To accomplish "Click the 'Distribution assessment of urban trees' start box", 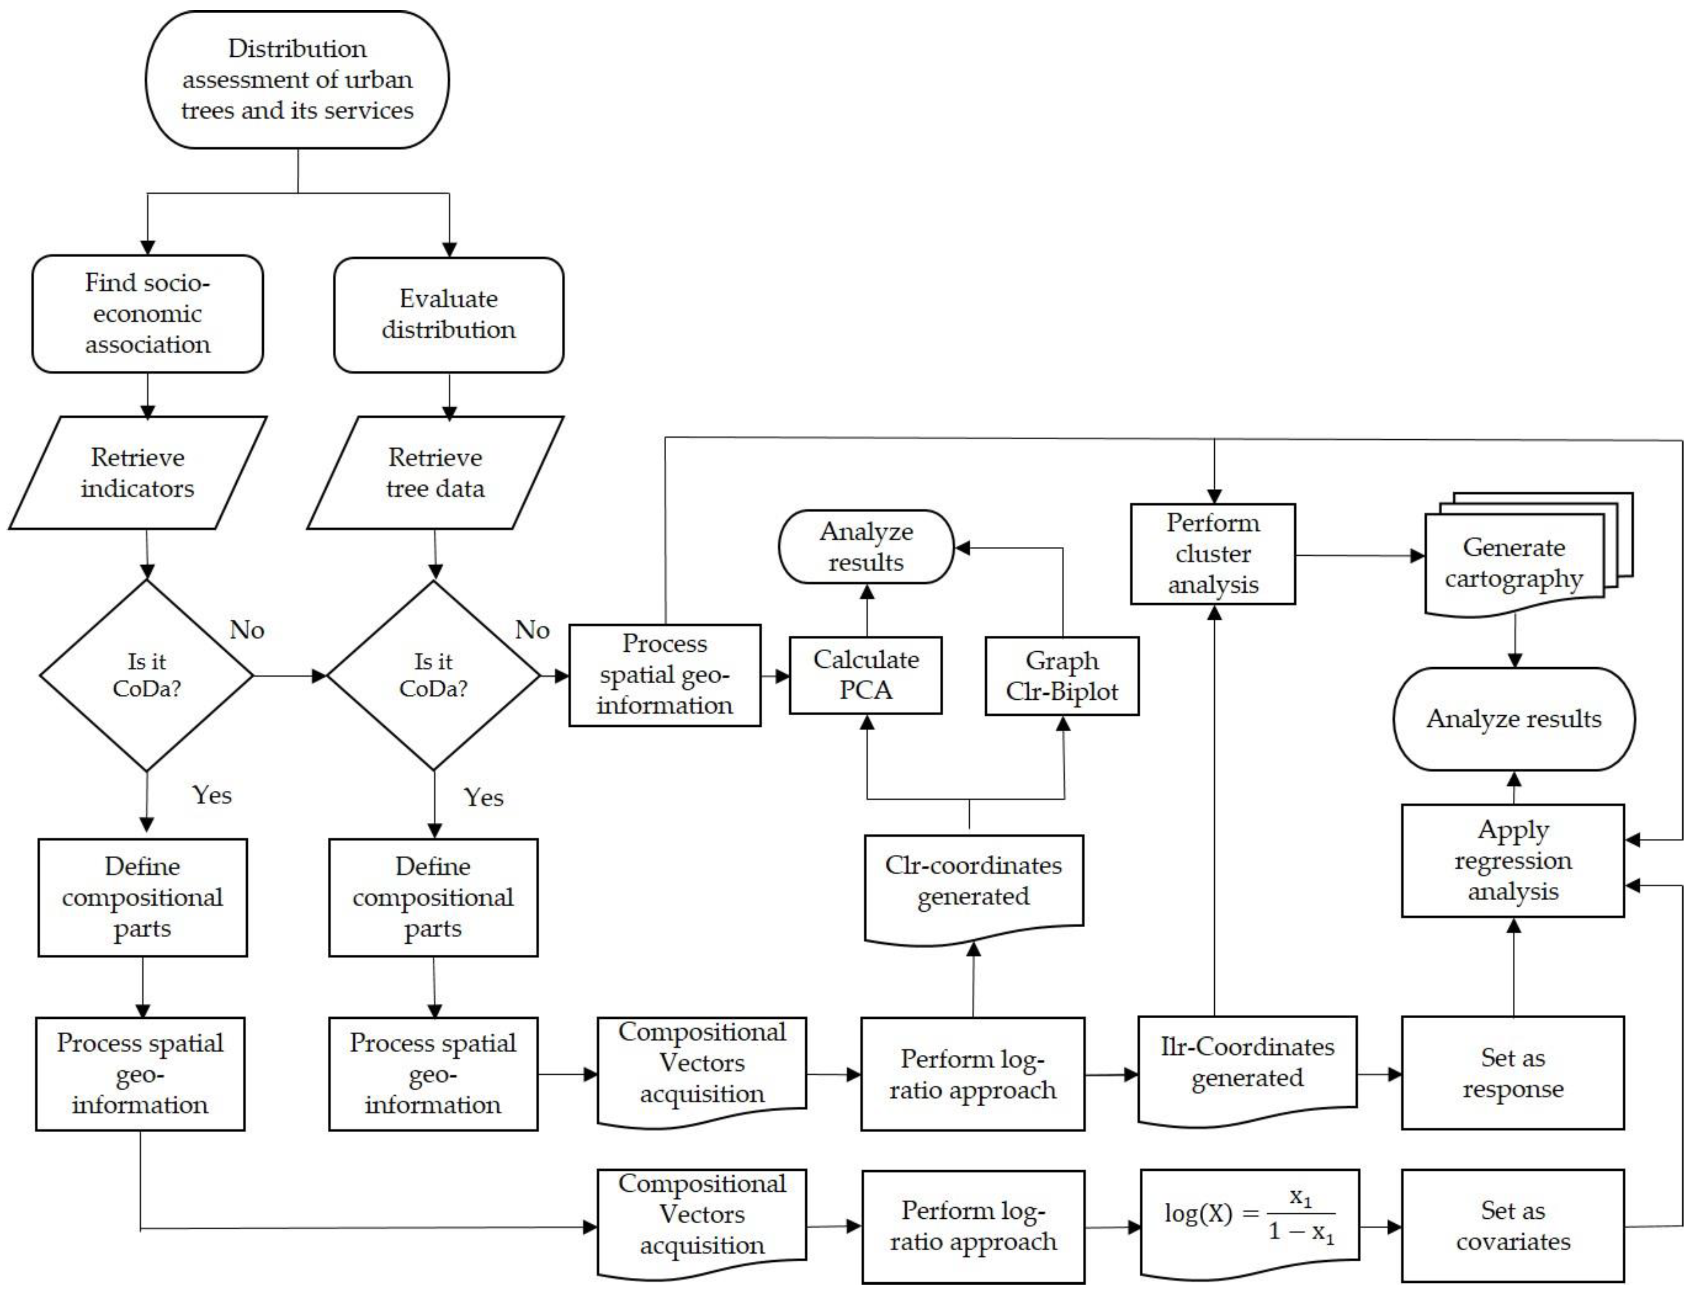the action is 297,80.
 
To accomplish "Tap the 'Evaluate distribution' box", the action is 449,315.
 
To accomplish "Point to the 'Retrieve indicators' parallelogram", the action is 137,472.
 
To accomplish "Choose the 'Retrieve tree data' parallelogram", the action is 435,472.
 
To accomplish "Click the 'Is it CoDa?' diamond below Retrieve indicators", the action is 147,676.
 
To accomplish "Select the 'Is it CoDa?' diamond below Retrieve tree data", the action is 434,676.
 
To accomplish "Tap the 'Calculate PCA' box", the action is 866,676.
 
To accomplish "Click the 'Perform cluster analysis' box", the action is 1213,554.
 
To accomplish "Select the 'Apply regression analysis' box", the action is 1514,861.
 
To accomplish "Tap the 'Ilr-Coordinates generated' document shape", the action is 1247,1071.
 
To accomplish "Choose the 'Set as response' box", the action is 1514,1073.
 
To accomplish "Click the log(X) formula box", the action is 1250,1224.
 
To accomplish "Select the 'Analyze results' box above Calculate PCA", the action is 866,546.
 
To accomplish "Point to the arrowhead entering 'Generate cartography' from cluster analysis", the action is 1418,556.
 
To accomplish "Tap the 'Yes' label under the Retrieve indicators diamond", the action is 212,795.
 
